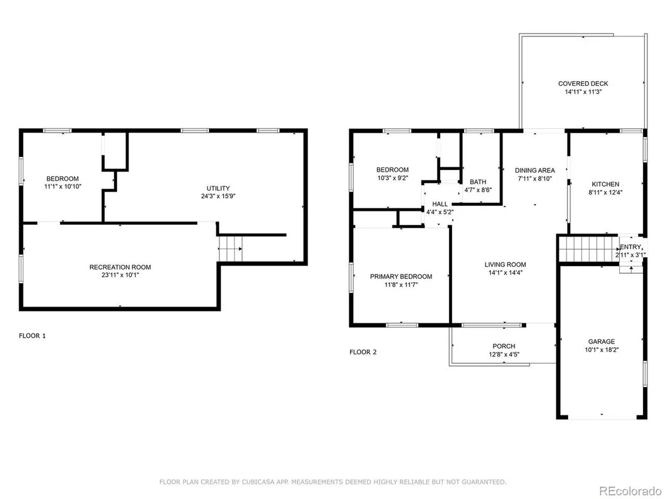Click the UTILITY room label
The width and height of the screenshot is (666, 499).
click(x=218, y=189)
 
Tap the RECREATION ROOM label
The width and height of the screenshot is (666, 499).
click(x=120, y=267)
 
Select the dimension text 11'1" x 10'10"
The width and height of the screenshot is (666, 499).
click(x=63, y=186)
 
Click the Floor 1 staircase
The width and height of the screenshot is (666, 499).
click(x=230, y=249)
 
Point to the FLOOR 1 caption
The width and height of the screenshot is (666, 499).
click(x=32, y=336)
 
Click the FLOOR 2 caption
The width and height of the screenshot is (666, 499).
click(x=362, y=352)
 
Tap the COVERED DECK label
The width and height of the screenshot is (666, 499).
click(x=583, y=83)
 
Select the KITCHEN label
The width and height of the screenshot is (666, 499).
click(x=606, y=184)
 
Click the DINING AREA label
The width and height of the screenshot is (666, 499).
click(x=535, y=170)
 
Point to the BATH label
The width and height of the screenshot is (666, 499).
click(x=478, y=181)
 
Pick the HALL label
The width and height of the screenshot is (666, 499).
click(x=440, y=204)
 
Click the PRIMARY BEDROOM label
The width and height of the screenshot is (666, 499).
click(x=401, y=277)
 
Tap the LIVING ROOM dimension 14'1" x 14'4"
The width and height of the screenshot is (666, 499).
click(x=506, y=273)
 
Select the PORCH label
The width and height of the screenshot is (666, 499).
click(x=504, y=346)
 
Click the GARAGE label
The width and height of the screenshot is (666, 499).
click(x=602, y=342)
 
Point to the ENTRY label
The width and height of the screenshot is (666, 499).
click(x=631, y=247)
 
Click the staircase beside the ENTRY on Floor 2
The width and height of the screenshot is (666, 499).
click(x=588, y=249)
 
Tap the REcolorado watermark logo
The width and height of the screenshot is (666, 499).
click(x=631, y=491)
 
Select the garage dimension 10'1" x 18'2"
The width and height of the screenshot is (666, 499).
click(x=602, y=350)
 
